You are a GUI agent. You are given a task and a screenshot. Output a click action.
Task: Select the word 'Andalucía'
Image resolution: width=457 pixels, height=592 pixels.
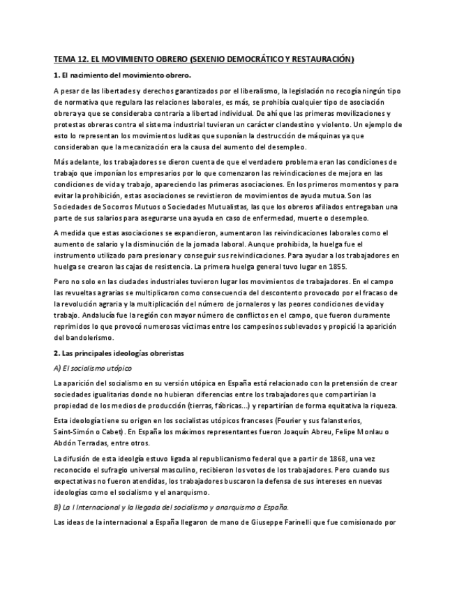pyautogui.click(x=75, y=316)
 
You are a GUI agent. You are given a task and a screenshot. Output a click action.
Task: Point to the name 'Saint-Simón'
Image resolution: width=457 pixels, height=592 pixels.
pyautogui.click(x=75, y=431)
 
